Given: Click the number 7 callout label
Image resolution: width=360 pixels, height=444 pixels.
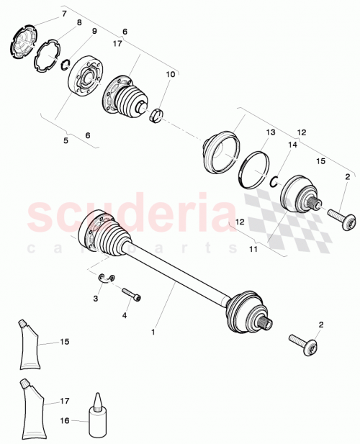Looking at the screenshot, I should coord(63,14).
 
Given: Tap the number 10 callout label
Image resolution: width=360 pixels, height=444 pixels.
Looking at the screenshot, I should coord(171,74).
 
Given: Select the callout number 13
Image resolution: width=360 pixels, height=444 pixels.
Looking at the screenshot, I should coord(271,133).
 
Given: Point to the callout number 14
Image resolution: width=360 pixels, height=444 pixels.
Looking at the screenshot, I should coord(292,145).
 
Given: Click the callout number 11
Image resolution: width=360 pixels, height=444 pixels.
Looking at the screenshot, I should coord(253,249).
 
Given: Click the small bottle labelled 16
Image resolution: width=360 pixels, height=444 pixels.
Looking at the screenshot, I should coord(98,412).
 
